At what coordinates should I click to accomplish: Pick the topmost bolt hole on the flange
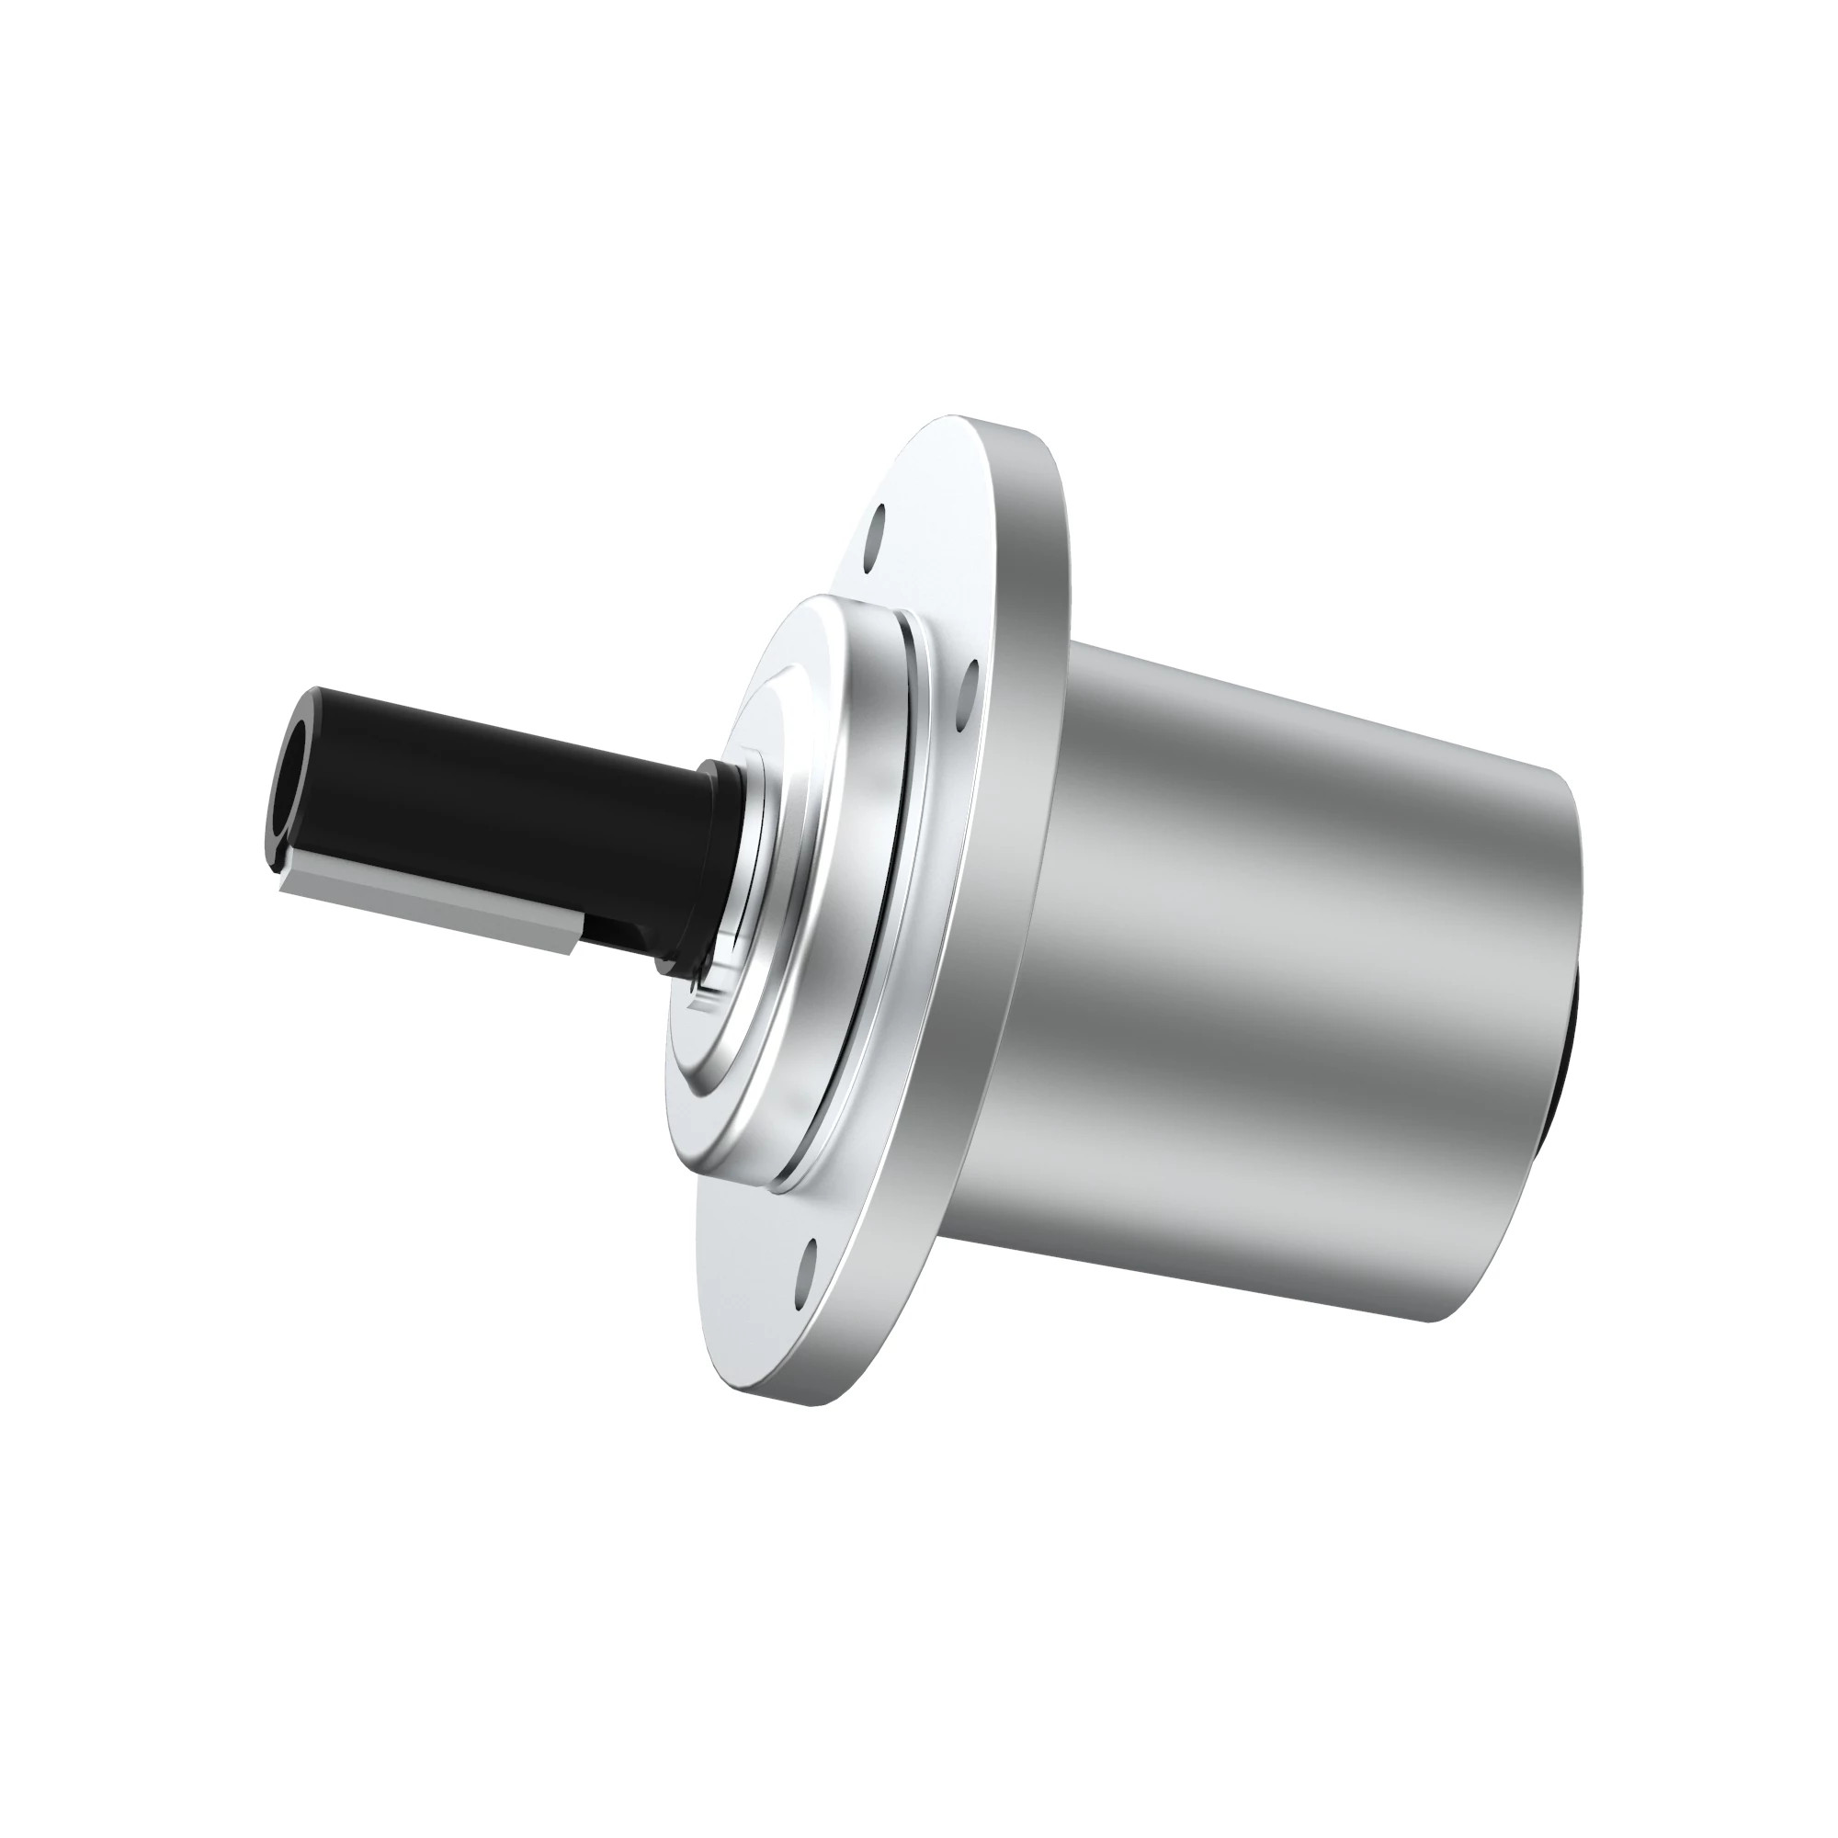coord(876,524)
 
